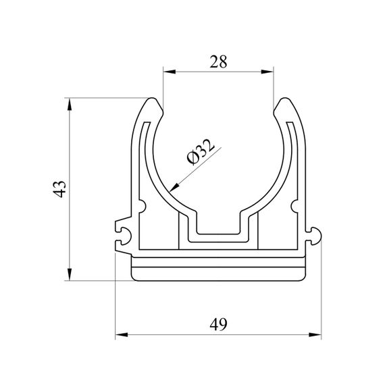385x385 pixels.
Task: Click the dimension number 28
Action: tap(218, 61)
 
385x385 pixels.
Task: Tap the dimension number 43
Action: tap(59, 189)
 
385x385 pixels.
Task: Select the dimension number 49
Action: tap(218, 324)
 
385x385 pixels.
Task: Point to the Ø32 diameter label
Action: tap(201, 151)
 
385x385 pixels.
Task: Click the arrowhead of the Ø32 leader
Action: tap(174, 188)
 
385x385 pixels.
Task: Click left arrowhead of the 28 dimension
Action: tap(170, 72)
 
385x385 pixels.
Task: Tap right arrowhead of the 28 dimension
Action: tap(267, 72)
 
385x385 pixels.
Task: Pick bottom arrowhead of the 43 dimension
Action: tap(70, 274)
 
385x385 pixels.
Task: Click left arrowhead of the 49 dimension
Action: tap(122, 334)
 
